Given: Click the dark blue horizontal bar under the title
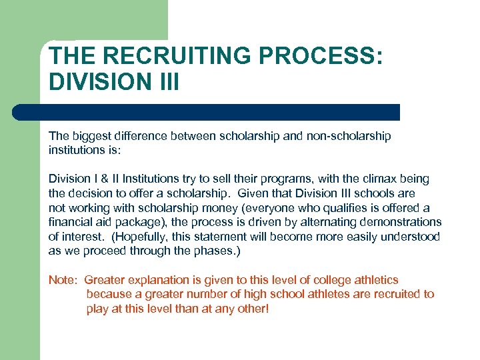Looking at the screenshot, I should [x=207, y=112].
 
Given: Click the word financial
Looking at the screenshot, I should [x=71, y=221].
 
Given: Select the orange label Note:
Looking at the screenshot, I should [x=63, y=280].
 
